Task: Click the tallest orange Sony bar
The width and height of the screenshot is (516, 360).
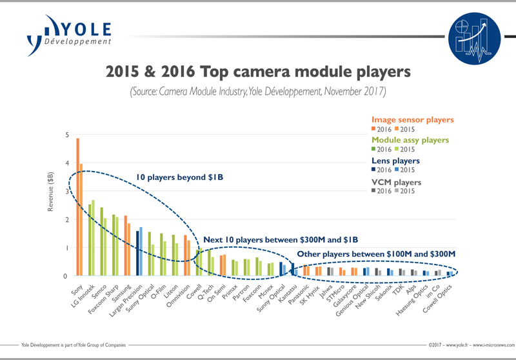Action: pyautogui.click(x=77, y=206)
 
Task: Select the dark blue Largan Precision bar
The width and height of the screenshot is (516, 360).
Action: pyautogui.click(x=137, y=253)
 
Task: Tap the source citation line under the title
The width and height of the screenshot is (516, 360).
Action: pyautogui.click(x=258, y=91)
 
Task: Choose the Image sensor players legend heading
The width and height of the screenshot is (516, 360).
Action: pyautogui.click(x=413, y=120)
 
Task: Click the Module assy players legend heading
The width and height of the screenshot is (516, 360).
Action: pyautogui.click(x=413, y=140)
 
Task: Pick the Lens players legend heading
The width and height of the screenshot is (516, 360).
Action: pyautogui.click(x=395, y=161)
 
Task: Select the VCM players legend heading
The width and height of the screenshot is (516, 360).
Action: pyautogui.click(x=395, y=182)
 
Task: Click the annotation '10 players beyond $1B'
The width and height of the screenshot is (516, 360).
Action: pyautogui.click(x=179, y=176)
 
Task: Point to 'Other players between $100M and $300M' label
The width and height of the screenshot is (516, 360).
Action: pyautogui.click(x=376, y=253)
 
